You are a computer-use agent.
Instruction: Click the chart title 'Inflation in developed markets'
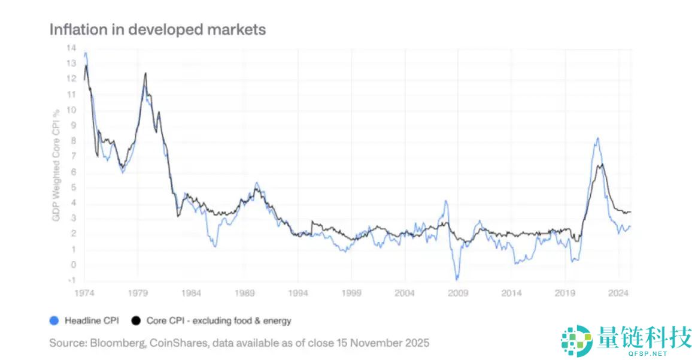tap(157, 29)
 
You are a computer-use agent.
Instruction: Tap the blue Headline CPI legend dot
tap(54, 320)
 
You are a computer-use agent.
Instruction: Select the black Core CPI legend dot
tap(136, 320)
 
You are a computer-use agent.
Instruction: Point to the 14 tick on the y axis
tap(71, 48)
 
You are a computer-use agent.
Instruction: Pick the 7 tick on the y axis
tap(73, 156)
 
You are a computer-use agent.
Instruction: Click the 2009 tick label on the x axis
tap(458, 294)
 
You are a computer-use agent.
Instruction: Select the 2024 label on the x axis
tap(618, 294)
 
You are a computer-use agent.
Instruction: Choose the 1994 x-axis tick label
tap(298, 294)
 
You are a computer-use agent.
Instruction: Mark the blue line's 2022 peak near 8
tap(597, 138)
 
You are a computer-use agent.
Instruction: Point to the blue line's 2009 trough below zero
tap(457, 279)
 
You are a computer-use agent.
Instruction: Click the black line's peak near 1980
tap(145, 73)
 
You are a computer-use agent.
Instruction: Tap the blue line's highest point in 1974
tap(86, 53)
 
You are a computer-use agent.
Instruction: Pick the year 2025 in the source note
tap(417, 343)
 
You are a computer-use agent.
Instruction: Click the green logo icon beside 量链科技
tap(576, 340)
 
